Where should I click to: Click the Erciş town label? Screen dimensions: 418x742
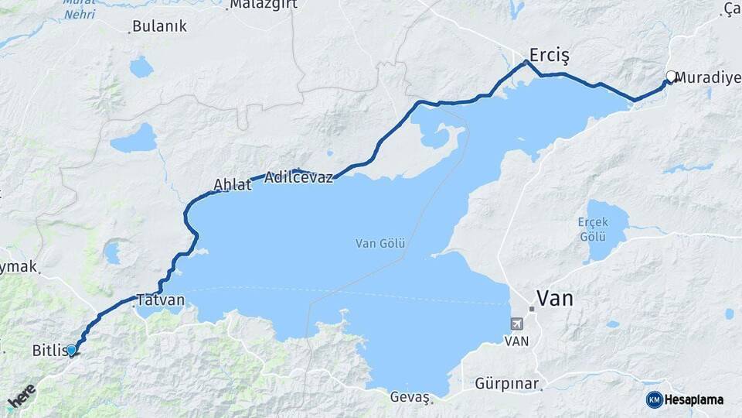[x=549, y=55]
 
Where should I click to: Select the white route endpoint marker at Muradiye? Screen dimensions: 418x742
[x=671, y=77]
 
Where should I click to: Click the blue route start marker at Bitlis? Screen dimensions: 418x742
[x=71, y=350]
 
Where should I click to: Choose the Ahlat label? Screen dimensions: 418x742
[x=233, y=185]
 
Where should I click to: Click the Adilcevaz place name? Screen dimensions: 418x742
[x=298, y=177]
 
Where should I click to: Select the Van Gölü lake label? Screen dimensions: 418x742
[x=380, y=243]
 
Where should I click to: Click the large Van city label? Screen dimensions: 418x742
[x=555, y=298]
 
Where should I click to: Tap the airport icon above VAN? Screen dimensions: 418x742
[x=516, y=324]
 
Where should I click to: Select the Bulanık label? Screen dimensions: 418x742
[x=159, y=26]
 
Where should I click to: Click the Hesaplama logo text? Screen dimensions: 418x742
[x=694, y=399]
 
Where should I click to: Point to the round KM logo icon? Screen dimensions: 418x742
[x=654, y=399]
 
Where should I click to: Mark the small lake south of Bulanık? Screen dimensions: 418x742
[x=141, y=67]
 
